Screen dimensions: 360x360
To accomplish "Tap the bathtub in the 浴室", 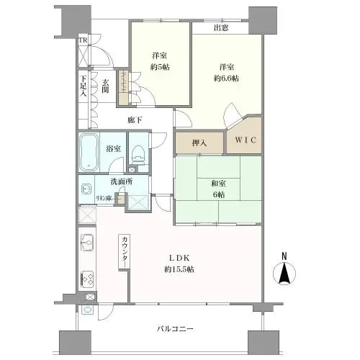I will (90, 153).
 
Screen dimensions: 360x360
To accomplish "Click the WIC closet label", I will (243, 139).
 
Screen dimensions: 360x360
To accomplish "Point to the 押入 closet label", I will (199, 143).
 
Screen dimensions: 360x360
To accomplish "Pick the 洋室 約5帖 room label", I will (160, 61).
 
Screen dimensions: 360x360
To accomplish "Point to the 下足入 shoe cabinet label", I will (84, 85).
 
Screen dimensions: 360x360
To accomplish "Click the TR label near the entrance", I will (83, 41).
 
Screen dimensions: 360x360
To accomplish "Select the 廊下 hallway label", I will (134, 120).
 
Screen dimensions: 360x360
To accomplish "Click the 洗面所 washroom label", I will (122, 182).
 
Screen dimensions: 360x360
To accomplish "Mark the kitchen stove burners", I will (87, 276).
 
